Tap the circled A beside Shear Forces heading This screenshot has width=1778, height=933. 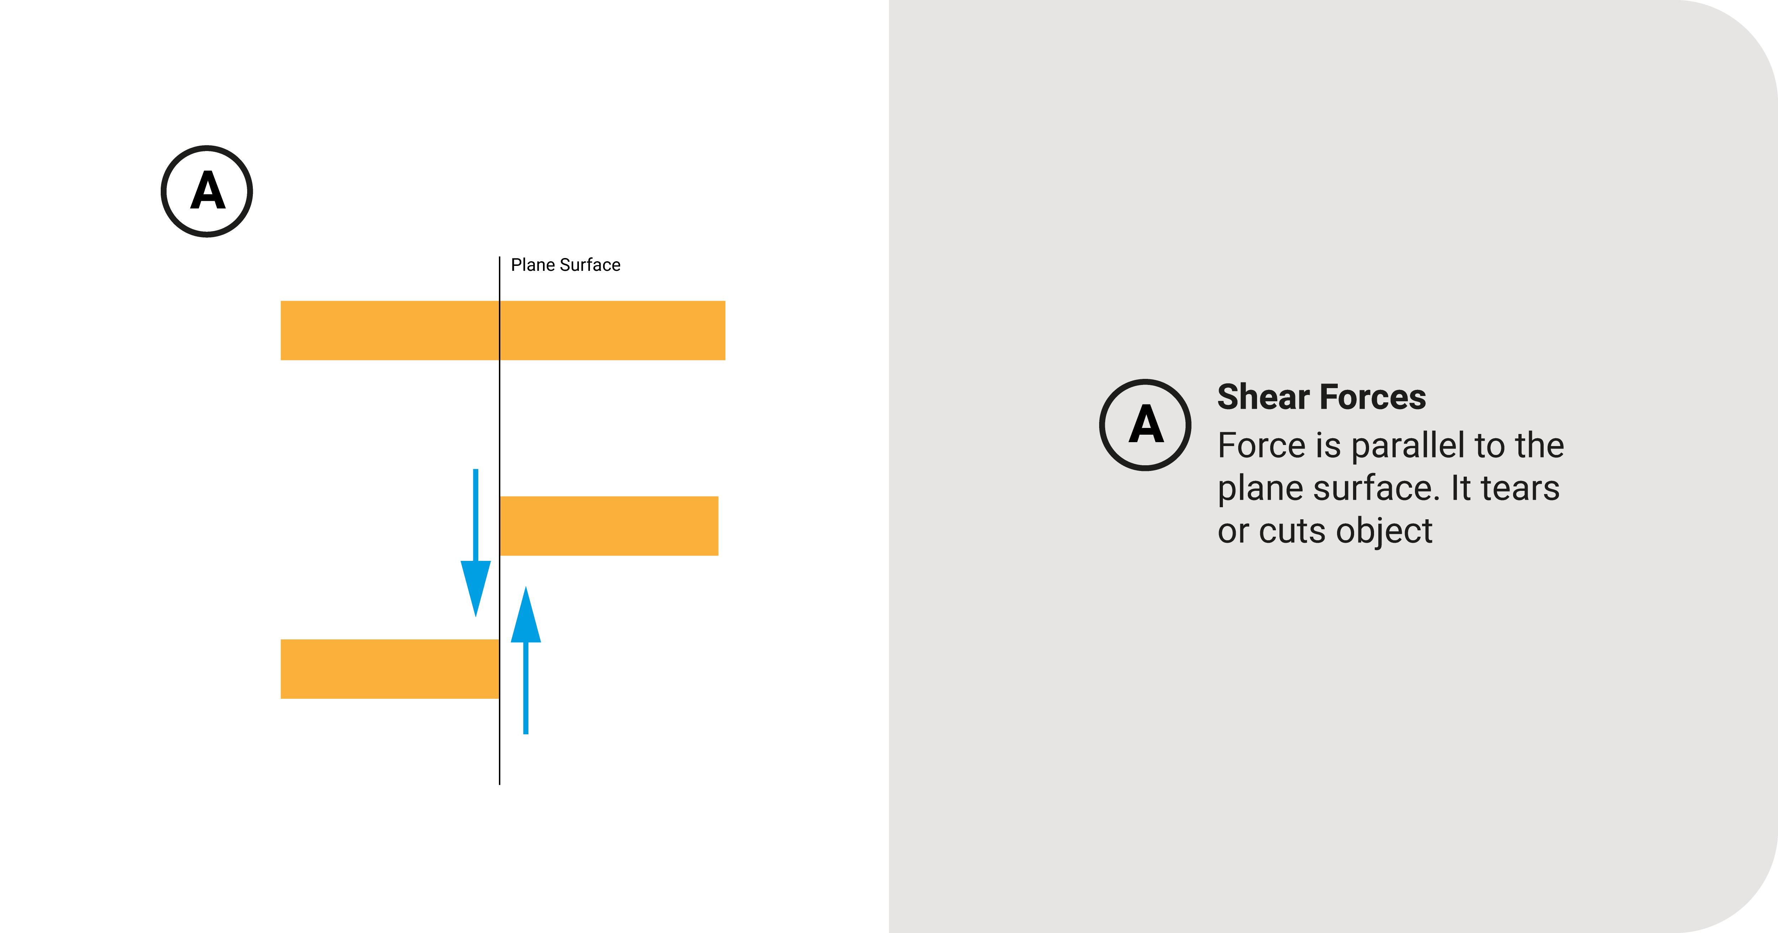click(1145, 424)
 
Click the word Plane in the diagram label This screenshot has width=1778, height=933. click(532, 265)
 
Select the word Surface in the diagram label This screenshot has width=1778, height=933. click(590, 265)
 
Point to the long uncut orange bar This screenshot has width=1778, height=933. click(502, 331)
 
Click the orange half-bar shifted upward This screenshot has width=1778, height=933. click(609, 526)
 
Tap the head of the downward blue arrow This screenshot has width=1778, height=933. click(475, 586)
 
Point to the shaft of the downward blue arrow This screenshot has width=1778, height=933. click(475, 514)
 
